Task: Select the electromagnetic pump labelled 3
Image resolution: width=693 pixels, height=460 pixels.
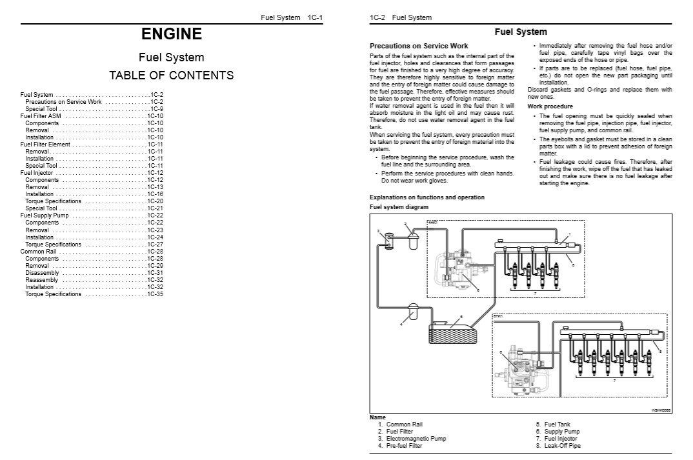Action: point(388,240)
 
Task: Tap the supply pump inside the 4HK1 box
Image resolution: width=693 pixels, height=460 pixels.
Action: point(457,270)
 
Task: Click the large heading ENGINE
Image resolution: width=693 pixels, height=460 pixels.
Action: point(172,34)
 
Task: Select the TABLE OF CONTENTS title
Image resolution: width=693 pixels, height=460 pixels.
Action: point(172,75)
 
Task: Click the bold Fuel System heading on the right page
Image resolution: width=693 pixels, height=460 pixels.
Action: point(520,32)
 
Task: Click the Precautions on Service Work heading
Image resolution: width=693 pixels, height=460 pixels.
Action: point(409,46)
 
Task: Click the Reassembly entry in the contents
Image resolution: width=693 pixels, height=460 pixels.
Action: point(42,280)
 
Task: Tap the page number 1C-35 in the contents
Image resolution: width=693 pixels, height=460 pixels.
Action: point(155,294)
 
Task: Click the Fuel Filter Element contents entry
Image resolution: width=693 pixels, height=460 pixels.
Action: point(45,145)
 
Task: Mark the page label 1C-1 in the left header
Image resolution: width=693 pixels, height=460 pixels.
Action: point(313,17)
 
